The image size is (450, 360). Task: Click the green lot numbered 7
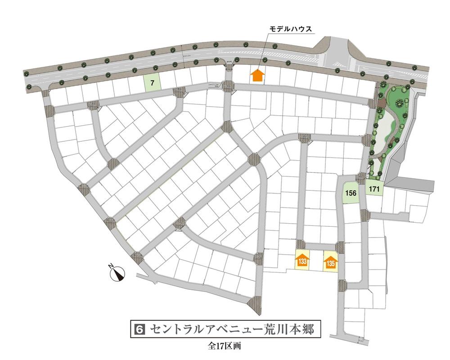(x=152, y=83)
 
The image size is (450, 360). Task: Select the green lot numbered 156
(x=351, y=193)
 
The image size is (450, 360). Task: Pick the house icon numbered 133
(x=303, y=261)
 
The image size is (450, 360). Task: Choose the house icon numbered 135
(x=331, y=262)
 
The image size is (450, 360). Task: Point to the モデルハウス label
(x=291, y=29)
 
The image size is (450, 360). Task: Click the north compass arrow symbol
(x=119, y=274)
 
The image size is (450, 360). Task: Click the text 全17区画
(x=225, y=347)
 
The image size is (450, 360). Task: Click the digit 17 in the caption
(x=221, y=347)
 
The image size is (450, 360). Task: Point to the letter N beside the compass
(x=111, y=268)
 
